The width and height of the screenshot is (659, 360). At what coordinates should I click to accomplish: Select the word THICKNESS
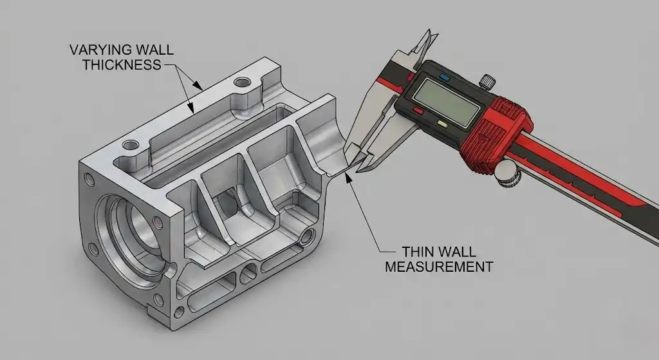click(x=122, y=65)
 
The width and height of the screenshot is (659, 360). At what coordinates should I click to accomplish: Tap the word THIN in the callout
click(x=417, y=252)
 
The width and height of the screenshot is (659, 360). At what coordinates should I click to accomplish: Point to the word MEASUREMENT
click(x=439, y=267)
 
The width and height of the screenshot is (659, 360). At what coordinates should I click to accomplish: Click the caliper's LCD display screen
click(x=447, y=102)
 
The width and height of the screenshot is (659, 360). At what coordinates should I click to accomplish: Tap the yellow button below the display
click(x=443, y=124)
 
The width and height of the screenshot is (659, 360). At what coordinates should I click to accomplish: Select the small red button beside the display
click(x=418, y=111)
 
